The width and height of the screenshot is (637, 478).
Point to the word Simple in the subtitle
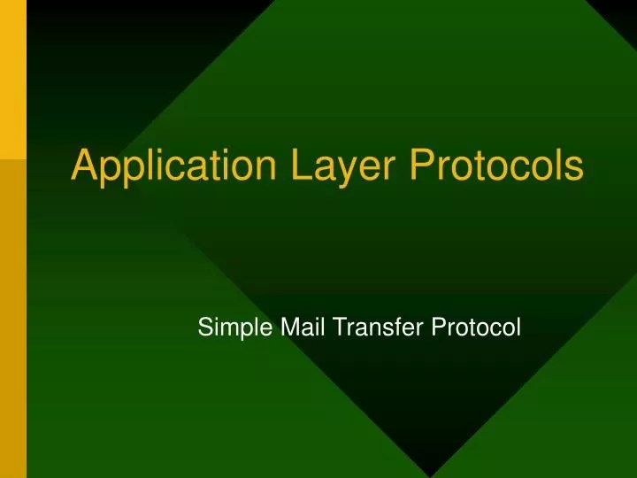[225, 329]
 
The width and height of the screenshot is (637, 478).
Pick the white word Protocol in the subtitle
[477, 328]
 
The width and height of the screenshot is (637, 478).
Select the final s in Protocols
[574, 168]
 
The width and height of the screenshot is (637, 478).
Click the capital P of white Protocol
[438, 328]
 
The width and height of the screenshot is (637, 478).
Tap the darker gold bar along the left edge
[13, 319]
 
